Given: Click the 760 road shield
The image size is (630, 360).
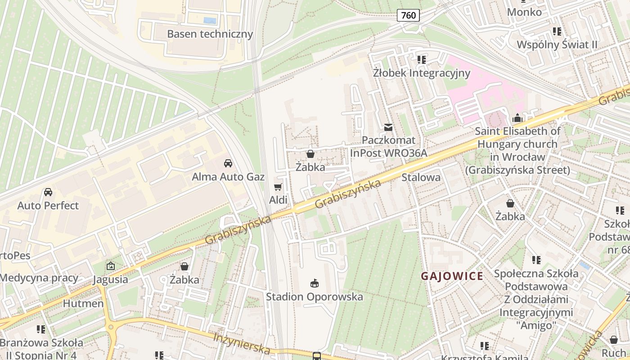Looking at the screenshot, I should (x=409, y=15).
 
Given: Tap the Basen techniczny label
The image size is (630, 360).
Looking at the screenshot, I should (x=210, y=34).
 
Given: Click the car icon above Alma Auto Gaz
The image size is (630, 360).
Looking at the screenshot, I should (x=228, y=163).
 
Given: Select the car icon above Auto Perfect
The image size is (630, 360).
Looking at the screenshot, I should (x=48, y=192).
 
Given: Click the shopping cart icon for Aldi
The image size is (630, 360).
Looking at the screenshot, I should (x=278, y=187).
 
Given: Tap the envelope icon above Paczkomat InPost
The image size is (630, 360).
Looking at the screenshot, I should (x=388, y=127).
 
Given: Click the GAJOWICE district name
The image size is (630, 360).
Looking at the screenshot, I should (x=452, y=276).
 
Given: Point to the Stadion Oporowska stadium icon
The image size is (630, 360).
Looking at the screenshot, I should (x=314, y=283).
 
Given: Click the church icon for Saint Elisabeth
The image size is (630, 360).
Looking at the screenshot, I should (x=517, y=118).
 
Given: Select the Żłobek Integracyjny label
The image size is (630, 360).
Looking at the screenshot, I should (x=421, y=73).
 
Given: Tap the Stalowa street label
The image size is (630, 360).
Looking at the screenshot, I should (x=421, y=177).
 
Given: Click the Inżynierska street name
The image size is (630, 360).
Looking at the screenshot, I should (x=242, y=343).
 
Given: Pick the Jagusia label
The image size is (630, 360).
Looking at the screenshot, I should (x=110, y=279).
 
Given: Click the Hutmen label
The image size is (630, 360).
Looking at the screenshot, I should (x=83, y=303).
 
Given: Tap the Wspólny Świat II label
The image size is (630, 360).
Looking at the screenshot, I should (x=557, y=45).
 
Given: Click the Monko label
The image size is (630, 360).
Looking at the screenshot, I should (x=524, y=12).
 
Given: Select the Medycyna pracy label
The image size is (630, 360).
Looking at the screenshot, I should (x=39, y=278).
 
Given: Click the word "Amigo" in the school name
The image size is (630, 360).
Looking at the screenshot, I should (x=536, y=325).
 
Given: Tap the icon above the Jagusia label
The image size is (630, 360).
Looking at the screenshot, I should (x=110, y=266).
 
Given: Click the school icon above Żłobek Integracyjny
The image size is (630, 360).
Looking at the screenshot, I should (x=421, y=59).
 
